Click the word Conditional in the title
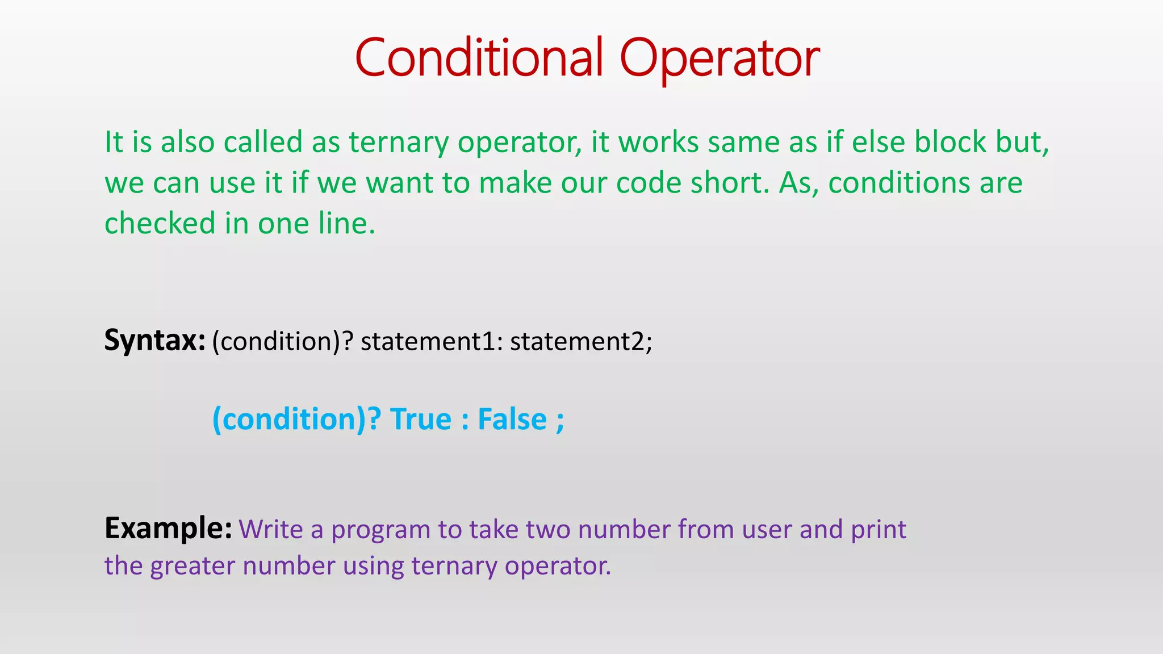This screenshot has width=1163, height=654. coord(479,57)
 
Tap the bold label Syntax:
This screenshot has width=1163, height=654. coord(154,341)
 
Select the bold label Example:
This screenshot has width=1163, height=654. coord(168,529)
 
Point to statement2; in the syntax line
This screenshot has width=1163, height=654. coord(581,342)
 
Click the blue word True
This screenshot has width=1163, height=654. coord(420,420)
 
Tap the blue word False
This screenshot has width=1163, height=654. coord(512,420)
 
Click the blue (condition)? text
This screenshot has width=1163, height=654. coord(296,420)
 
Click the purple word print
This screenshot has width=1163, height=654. coord(878,530)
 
